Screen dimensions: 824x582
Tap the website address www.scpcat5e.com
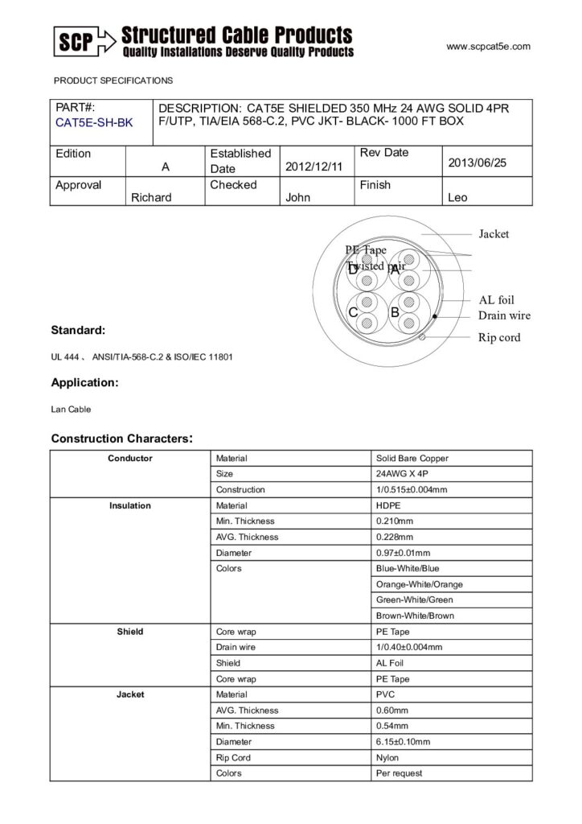click(x=488, y=47)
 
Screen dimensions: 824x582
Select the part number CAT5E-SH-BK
click(x=95, y=123)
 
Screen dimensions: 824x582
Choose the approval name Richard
click(x=151, y=198)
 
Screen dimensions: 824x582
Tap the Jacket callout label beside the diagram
click(x=494, y=234)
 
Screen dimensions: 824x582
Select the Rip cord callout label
click(x=499, y=338)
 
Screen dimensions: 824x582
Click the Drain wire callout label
click(x=504, y=315)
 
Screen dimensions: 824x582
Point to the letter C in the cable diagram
click(x=353, y=312)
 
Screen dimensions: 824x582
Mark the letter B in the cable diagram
click(x=395, y=312)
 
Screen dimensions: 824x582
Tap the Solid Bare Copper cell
click(x=412, y=459)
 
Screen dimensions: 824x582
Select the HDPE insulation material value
click(x=390, y=506)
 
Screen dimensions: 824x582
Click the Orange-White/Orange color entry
click(x=419, y=584)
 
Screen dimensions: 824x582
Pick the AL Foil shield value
click(x=390, y=663)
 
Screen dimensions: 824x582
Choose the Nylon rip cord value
click(x=388, y=758)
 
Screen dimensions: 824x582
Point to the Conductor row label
click(x=130, y=459)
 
